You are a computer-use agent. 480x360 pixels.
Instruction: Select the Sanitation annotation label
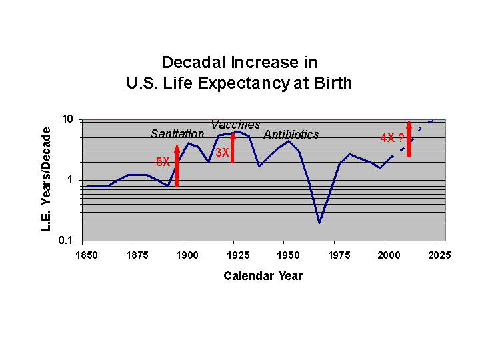click(177, 134)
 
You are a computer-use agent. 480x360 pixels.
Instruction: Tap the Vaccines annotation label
click(235, 125)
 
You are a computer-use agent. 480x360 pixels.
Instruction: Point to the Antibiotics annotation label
click(291, 135)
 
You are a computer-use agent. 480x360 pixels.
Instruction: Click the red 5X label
click(163, 162)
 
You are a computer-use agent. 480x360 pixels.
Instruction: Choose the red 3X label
click(222, 152)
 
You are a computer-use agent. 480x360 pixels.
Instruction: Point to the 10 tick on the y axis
click(67, 120)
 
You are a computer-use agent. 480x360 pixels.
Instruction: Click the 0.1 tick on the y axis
click(66, 241)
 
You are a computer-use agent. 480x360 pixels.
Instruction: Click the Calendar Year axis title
click(263, 276)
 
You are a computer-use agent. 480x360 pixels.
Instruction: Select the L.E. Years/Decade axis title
click(47, 180)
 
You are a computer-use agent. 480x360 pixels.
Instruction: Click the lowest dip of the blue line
click(319, 223)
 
